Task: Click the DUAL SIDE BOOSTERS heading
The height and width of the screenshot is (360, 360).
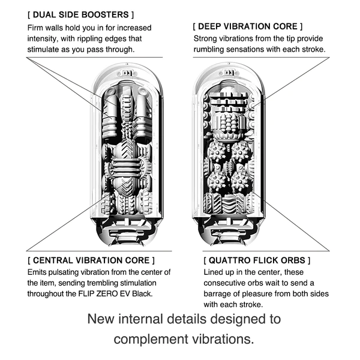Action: (x=81, y=13)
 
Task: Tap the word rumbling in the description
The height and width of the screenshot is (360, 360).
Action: (x=211, y=49)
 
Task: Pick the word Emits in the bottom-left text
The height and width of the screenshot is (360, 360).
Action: (x=38, y=272)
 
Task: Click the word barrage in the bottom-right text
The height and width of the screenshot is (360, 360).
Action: (x=220, y=294)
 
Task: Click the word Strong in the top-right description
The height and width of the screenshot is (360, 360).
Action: (x=206, y=38)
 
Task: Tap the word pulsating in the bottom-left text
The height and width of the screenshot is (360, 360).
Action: (x=69, y=272)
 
